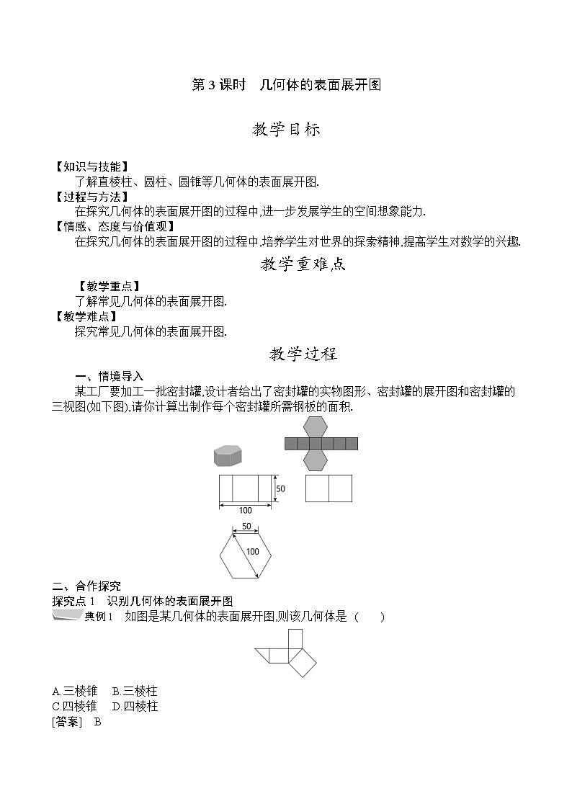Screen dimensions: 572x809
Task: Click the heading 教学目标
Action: (286, 130)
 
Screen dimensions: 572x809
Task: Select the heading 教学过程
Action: (303, 354)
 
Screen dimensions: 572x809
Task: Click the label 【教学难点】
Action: (86, 316)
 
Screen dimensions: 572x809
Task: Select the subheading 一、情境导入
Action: (110, 376)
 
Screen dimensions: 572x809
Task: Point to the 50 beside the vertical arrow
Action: (281, 488)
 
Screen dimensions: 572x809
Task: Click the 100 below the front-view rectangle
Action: (246, 510)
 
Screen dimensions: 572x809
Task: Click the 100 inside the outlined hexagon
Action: (252, 552)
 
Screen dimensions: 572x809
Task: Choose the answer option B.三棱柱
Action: (135, 692)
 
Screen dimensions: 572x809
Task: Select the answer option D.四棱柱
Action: (135, 706)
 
